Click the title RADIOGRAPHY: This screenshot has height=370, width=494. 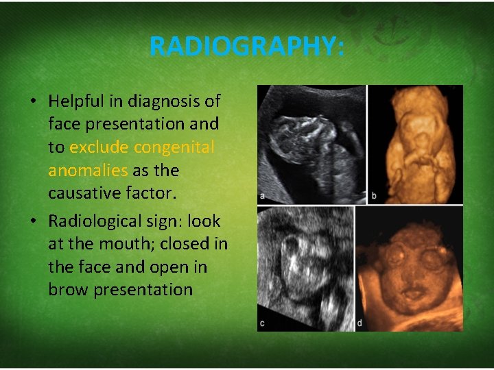click(246, 47)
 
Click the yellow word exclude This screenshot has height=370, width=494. click(99, 147)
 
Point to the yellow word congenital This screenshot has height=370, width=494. click(174, 147)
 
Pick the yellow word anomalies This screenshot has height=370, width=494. click(87, 170)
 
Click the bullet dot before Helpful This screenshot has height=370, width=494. click(33, 102)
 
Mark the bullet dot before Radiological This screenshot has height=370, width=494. click(33, 222)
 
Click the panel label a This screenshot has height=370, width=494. click(262, 196)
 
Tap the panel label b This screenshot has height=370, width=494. click(374, 196)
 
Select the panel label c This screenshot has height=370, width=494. click(262, 323)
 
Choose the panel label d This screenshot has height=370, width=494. click(360, 323)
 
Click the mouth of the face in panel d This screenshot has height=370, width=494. click(410, 295)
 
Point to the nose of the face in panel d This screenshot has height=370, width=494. click(410, 277)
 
